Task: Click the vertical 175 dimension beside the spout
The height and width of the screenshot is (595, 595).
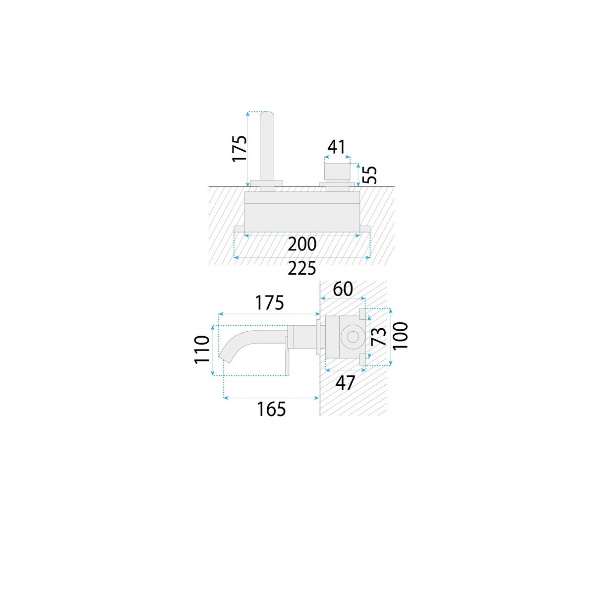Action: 239,148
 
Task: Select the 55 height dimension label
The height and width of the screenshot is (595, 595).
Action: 369,175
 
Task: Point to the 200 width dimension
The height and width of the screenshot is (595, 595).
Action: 302,244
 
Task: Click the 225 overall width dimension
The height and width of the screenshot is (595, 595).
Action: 302,268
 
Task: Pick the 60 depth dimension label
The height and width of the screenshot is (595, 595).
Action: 343,289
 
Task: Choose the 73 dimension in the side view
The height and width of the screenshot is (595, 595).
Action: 378,336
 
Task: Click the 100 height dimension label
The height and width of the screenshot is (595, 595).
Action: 400,335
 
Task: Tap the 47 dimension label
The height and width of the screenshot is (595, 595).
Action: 345,383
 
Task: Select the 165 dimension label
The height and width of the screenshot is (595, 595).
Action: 271,410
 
